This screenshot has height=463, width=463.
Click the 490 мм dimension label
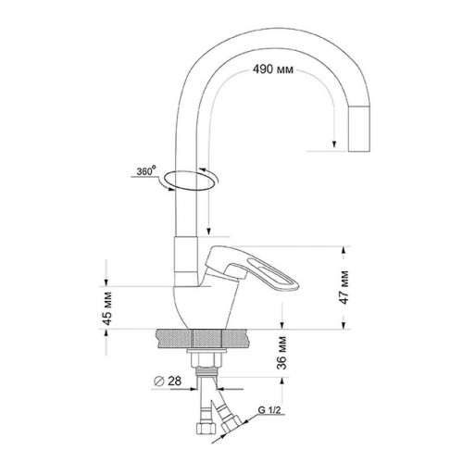pos(273,69)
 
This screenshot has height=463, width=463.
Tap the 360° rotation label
pos(146,170)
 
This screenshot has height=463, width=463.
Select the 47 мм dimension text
pos(344,287)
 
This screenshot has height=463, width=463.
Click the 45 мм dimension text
pos(107,308)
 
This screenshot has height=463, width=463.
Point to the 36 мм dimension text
pos(282,353)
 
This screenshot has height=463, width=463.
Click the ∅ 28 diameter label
pos(169,381)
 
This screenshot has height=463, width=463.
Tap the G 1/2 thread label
pos(269,410)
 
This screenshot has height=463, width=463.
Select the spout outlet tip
pos(359,129)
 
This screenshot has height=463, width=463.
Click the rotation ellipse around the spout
pos(189,170)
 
